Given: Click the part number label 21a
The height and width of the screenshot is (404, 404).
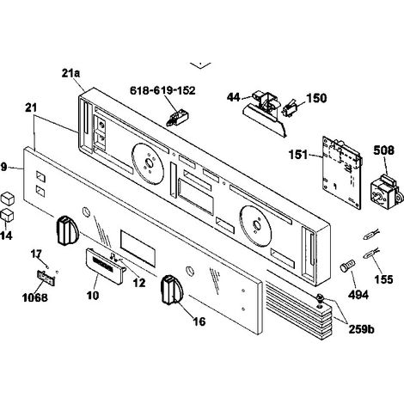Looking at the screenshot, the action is point(70,73).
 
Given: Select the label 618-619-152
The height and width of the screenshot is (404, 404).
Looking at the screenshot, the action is point(162,90).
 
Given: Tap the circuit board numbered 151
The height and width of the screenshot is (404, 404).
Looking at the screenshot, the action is point(342,172).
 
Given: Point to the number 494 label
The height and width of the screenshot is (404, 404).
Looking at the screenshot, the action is point(358,294).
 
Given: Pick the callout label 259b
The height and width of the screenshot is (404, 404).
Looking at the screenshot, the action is point(361,329).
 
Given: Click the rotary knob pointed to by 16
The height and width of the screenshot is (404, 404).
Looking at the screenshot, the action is point(172,289).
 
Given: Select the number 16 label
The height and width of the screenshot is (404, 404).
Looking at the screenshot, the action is point(199,321).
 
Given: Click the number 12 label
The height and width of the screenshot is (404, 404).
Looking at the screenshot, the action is point(139,283).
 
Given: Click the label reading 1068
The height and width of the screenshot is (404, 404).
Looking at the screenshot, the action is point(35,297).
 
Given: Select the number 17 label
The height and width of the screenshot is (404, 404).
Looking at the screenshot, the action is point(36,254).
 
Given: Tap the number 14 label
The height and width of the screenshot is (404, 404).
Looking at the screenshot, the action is point(6,236).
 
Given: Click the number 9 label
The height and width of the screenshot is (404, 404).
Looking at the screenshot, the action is point(3,167).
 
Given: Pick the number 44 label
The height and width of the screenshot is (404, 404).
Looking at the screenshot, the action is point(233,97).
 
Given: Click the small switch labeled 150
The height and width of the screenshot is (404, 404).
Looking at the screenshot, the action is point(289,109).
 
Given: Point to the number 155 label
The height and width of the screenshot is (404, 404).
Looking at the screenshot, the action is point(383,279).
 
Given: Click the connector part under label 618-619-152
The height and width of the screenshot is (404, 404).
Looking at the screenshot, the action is point(178,119).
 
